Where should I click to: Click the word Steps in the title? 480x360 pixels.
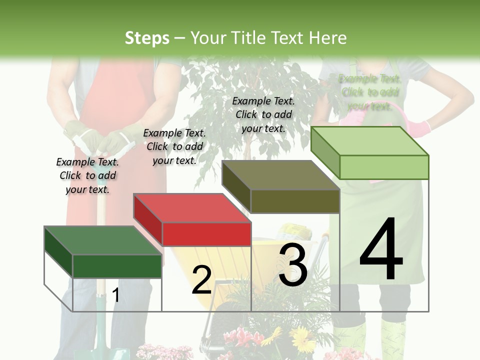pos(147,38)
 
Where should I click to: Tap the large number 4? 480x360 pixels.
pos(381,250)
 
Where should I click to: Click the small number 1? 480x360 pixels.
pos(116,295)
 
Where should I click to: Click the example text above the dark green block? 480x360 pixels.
pos(87,175)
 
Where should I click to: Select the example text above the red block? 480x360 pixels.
pos(174,146)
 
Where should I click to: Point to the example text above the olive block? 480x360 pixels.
pos(263,114)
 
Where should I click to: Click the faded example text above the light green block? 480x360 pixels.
pos(369,92)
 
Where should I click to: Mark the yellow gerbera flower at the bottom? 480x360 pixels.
pos(302,340)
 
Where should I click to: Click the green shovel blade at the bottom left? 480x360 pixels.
pos(105,340)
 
